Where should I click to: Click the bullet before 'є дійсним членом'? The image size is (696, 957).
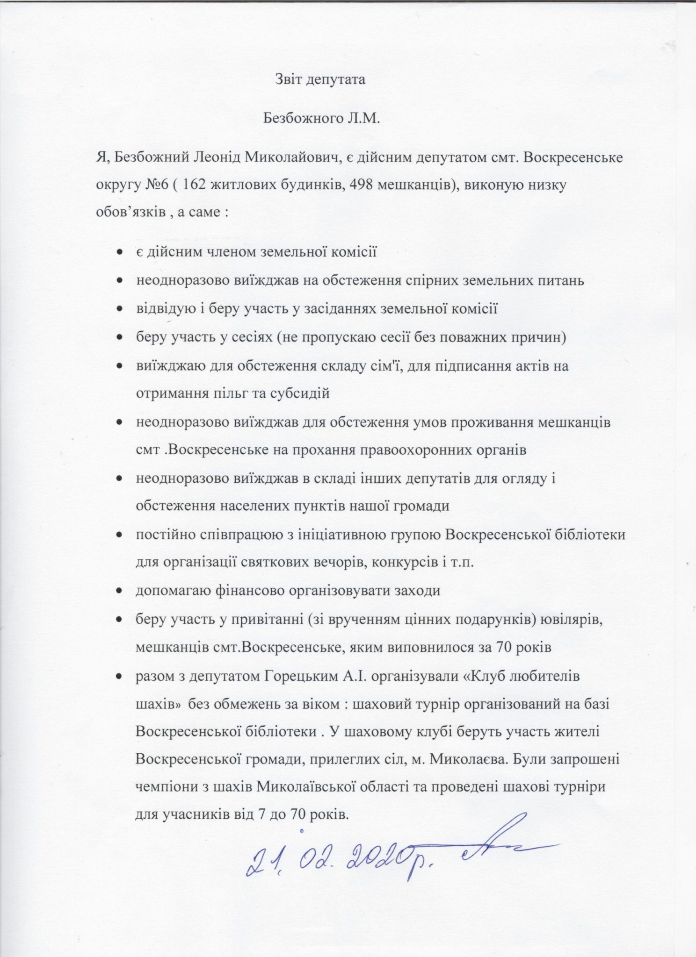click(x=120, y=253)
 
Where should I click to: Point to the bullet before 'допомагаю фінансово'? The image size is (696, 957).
click(x=120, y=591)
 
